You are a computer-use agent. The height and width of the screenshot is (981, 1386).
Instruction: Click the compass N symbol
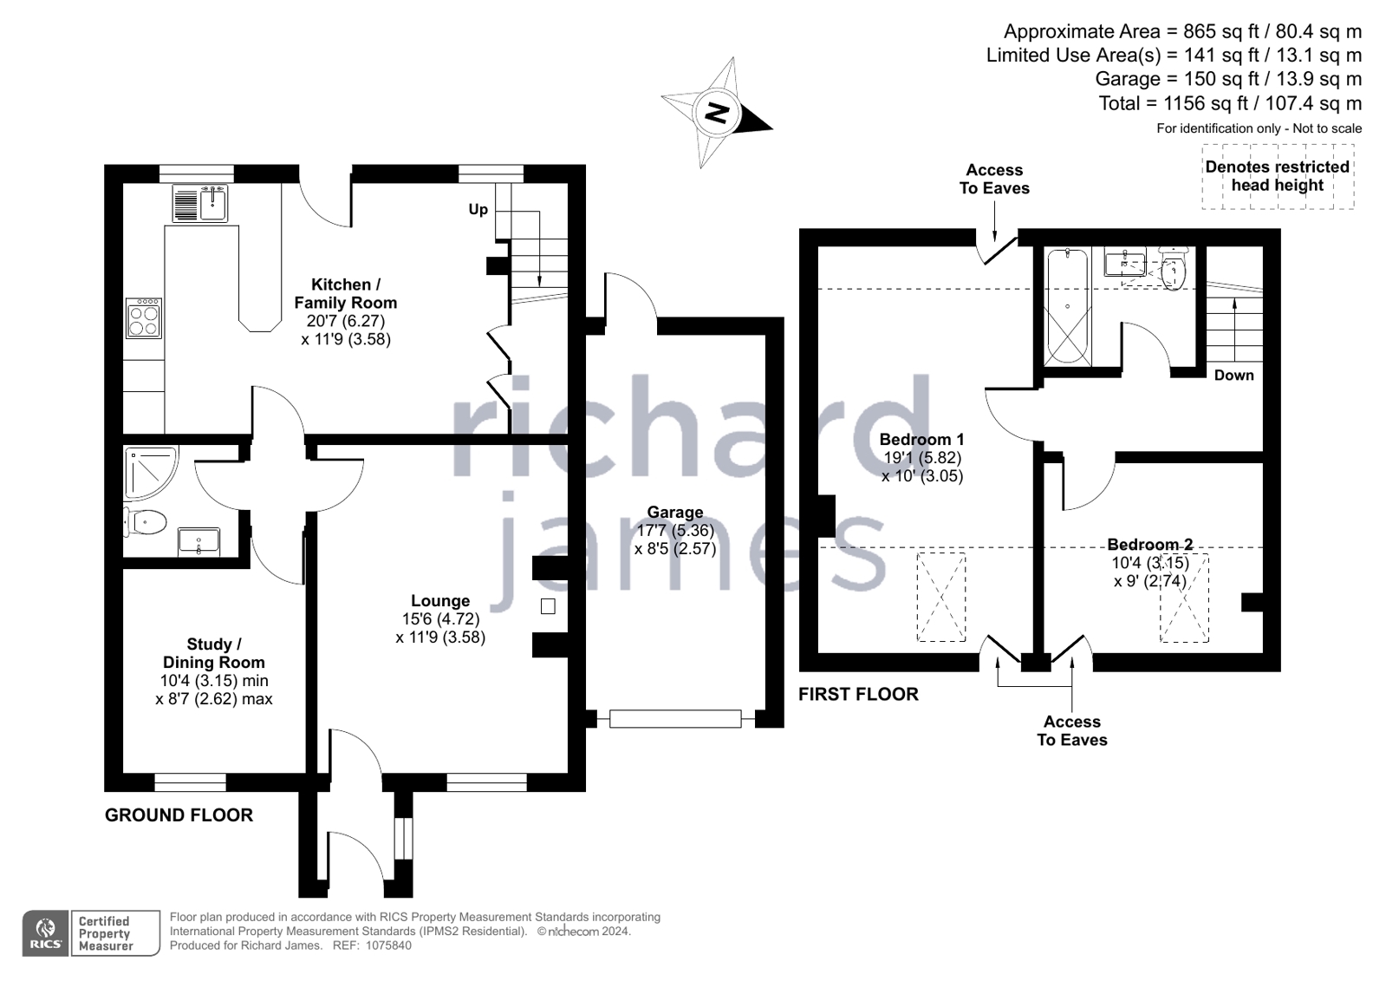coord(716,113)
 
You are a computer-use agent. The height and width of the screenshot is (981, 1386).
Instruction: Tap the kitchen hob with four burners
coord(144,318)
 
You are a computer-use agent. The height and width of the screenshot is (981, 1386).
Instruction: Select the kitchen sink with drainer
coord(200,204)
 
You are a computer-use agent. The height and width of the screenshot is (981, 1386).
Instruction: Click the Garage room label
coord(675,513)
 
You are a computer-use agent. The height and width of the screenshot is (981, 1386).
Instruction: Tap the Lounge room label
coord(440,601)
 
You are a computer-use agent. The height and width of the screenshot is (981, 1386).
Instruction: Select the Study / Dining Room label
coord(214,653)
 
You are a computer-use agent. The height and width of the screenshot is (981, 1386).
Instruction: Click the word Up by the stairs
coord(478,209)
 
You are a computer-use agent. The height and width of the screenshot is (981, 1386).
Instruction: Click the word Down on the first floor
coord(1233,375)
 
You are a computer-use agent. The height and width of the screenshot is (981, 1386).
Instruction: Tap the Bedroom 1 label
coord(921,439)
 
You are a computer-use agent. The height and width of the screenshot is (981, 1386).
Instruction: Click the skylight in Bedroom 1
coord(941,597)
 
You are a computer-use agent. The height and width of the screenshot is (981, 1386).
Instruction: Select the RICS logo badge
coord(46,933)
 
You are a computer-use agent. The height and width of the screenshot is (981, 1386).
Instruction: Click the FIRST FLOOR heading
coord(858,694)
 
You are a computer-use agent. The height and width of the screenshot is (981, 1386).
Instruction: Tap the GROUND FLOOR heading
coord(179,814)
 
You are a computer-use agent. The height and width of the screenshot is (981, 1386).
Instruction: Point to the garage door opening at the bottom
coord(675,718)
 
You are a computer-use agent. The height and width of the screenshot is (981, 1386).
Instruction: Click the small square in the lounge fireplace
coord(548,607)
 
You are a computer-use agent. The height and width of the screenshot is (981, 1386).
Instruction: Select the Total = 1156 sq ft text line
coord(1230,103)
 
